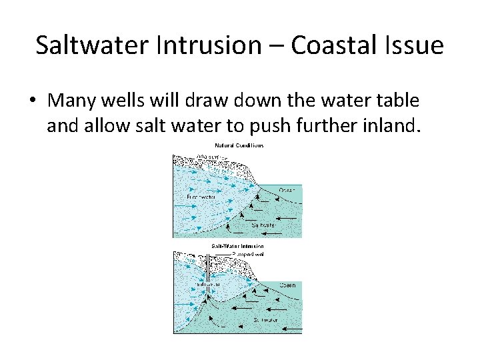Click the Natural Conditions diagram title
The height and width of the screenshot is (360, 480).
(x=239, y=145)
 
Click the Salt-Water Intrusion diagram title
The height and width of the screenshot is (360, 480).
(x=238, y=246)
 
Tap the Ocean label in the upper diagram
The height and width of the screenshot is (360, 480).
(x=287, y=191)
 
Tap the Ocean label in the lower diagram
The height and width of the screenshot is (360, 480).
(x=287, y=285)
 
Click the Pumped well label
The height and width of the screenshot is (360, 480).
(x=249, y=254)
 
